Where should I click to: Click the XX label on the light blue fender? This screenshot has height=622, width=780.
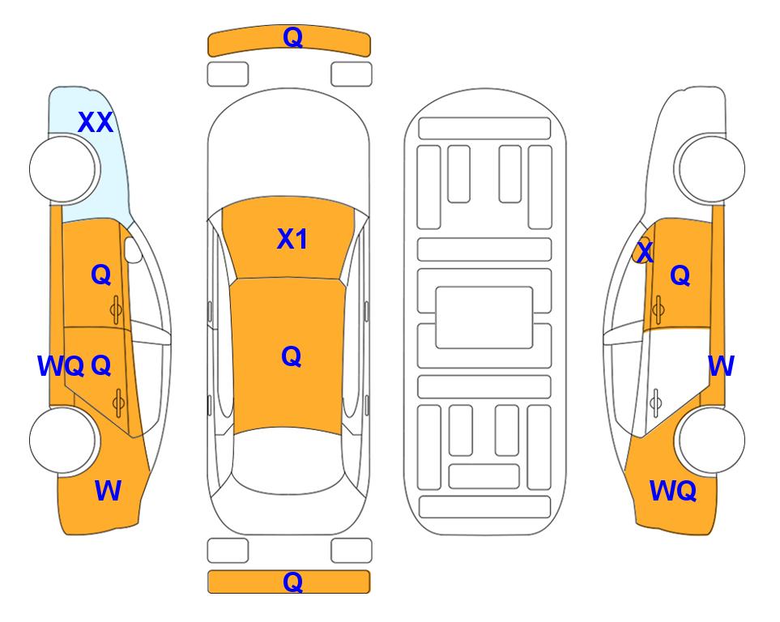pos(96,122)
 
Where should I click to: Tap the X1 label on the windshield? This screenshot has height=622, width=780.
pos(292,239)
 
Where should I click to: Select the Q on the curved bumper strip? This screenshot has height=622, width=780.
pos(292,37)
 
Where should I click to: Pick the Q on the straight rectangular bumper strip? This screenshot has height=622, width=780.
pos(292,582)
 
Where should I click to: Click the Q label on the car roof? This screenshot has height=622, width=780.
pos(291,356)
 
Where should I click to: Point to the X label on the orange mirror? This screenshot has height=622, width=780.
pos(645,252)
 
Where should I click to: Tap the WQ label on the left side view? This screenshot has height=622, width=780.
pos(61,366)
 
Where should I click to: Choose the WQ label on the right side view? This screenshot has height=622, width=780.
pos(672,491)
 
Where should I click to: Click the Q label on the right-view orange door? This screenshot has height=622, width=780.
pos(680,275)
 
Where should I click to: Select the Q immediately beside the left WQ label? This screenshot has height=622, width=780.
pos(101,366)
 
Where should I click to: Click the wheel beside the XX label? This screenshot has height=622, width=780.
pos(63,168)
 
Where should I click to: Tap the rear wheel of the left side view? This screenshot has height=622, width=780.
pos(63,440)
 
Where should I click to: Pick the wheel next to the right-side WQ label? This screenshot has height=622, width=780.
pos(711,440)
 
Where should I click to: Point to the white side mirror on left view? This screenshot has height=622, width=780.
pos(133,249)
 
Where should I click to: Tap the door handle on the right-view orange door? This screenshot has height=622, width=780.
pos(658,309)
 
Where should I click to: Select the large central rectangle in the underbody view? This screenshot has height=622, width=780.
pos(484,317)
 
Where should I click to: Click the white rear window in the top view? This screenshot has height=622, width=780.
pos(288,460)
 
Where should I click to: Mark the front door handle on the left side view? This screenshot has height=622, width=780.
pos(117,309)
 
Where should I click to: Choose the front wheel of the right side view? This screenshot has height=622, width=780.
pos(711,168)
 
